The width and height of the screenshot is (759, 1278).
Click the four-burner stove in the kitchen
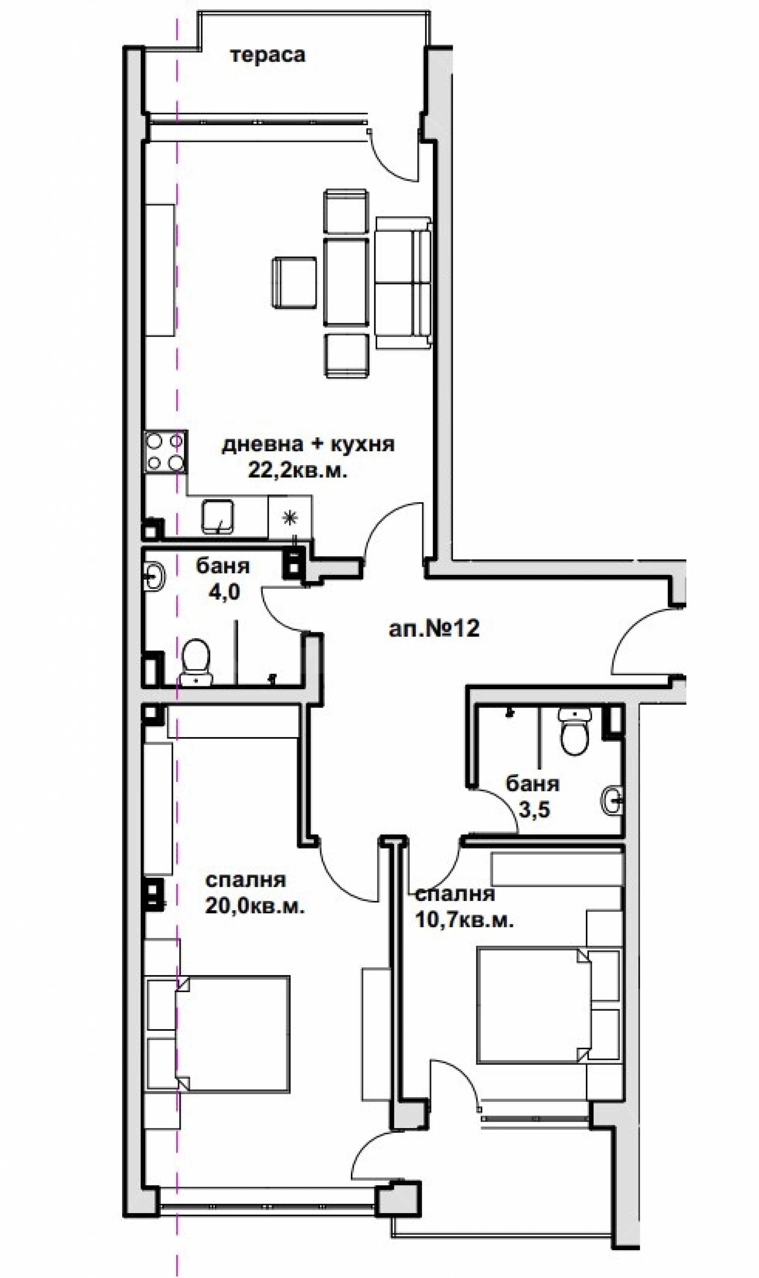click(x=165, y=452)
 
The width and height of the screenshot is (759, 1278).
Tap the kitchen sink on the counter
click(x=217, y=517)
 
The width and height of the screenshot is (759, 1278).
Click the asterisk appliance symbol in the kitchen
click(x=290, y=518)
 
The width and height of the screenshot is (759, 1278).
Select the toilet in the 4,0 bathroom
click(x=196, y=661)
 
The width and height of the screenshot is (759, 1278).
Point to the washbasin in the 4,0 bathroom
click(x=153, y=577)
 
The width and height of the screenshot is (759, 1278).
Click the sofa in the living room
click(x=403, y=283)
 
